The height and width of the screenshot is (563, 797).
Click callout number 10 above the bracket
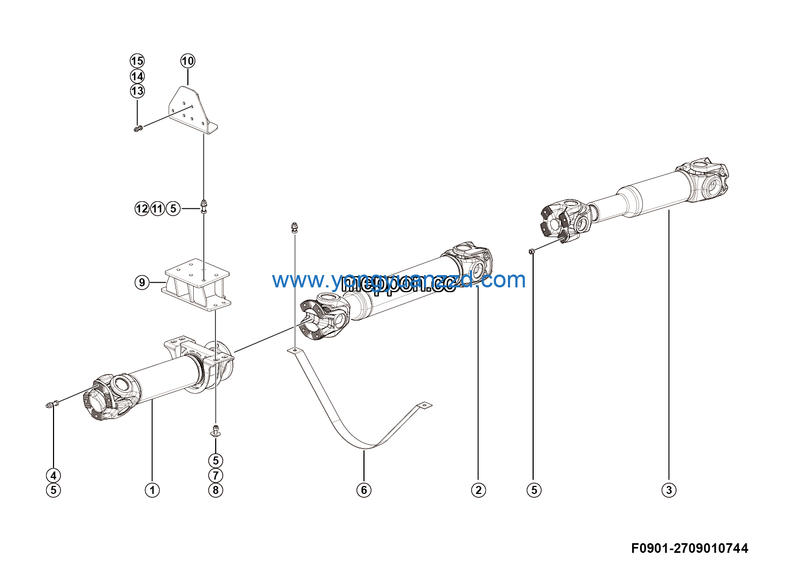187,61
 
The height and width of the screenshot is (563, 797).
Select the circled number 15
137,61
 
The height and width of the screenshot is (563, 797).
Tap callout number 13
137,91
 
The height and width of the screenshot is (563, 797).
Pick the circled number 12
142,208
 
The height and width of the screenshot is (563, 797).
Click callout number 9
142,282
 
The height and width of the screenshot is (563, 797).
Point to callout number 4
53,475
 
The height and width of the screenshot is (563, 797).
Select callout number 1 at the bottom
152,490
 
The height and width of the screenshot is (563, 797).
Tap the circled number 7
215,475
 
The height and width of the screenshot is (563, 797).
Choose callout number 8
215,490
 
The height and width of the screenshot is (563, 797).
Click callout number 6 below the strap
364,490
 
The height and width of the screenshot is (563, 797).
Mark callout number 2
478,490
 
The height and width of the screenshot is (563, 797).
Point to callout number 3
669,490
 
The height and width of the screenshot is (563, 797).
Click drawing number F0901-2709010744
689,548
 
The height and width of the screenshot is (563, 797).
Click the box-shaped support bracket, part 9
197,284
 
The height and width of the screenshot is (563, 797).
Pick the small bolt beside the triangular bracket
138,128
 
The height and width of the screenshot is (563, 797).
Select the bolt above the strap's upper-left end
294,227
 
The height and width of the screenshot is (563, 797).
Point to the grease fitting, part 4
51,405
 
